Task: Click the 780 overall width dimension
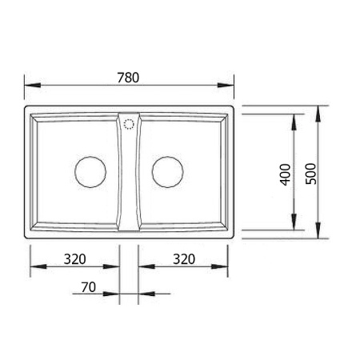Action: (x=128, y=78)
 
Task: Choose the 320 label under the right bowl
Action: (x=184, y=259)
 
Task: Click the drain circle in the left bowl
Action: (x=90, y=171)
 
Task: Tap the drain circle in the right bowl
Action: (x=167, y=171)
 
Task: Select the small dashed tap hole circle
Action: (x=129, y=123)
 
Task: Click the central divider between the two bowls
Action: (x=129, y=176)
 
